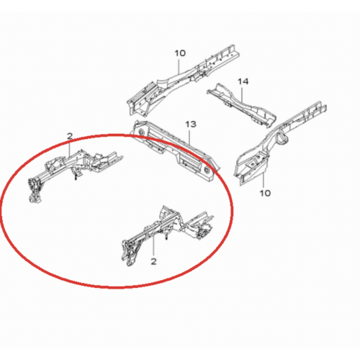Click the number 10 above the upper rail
point(180,53)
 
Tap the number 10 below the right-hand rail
point(265,193)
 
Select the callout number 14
point(243,81)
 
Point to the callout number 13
point(191,125)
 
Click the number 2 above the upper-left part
point(70,136)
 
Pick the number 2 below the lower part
point(153,261)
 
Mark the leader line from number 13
point(191,137)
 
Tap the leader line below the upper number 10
point(179,66)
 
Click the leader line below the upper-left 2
point(70,148)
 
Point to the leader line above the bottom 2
point(153,246)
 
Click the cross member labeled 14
point(241,105)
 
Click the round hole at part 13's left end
point(140,131)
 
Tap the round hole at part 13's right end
point(206,169)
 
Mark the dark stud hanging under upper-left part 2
point(76,177)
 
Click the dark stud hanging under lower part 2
point(166,237)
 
